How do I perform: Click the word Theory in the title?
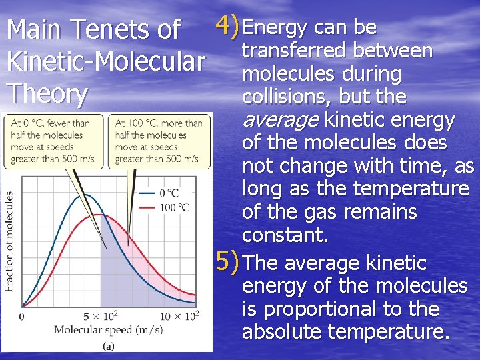47,93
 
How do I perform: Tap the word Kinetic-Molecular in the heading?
105,62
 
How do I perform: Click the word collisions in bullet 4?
287,97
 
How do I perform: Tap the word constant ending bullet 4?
285,235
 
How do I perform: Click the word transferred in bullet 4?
295,51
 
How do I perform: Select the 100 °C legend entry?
175,207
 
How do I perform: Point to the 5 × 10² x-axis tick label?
101,315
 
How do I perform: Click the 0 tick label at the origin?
23,315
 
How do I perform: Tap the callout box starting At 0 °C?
53,141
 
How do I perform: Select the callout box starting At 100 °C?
157,141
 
